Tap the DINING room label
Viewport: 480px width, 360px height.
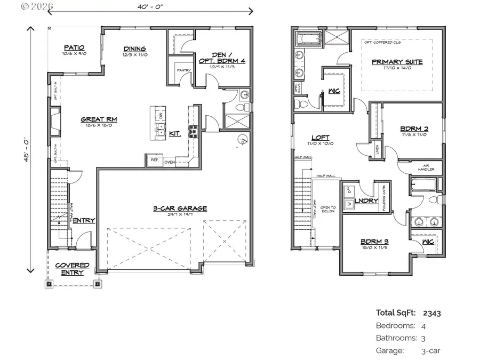[135, 48]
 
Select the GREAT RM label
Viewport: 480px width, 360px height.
[99, 119]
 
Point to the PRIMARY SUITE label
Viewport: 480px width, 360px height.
[397, 62]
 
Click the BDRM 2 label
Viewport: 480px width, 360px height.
[414, 129]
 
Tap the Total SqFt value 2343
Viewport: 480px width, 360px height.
[432, 313]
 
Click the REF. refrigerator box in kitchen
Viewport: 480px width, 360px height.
[155, 160]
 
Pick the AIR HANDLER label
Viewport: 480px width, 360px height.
[427, 167]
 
